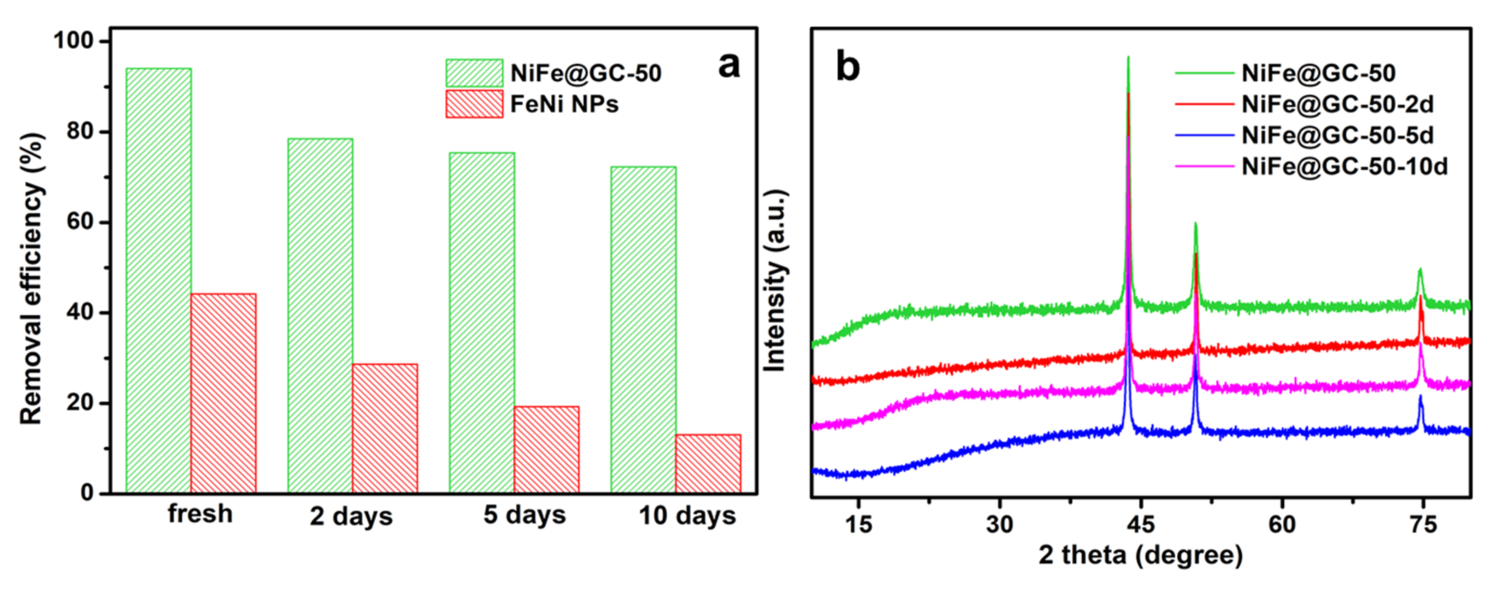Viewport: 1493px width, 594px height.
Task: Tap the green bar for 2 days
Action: [x=320, y=316]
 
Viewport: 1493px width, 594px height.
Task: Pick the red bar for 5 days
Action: [x=546, y=450]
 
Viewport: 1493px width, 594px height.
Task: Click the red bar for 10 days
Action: [x=708, y=464]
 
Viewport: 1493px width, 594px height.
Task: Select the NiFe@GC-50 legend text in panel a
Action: [x=585, y=74]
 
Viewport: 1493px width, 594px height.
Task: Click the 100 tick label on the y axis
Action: [x=73, y=41]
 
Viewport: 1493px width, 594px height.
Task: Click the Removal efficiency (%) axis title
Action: [x=32, y=278]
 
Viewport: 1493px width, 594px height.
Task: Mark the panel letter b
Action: [x=847, y=68]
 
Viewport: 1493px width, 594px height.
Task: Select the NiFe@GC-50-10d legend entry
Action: [x=1344, y=167]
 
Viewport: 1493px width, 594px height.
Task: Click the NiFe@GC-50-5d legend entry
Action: [x=1337, y=136]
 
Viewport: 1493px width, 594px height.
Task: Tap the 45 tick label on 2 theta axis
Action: [x=1140, y=524]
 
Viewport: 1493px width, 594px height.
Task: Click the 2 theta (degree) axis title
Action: [x=1140, y=555]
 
